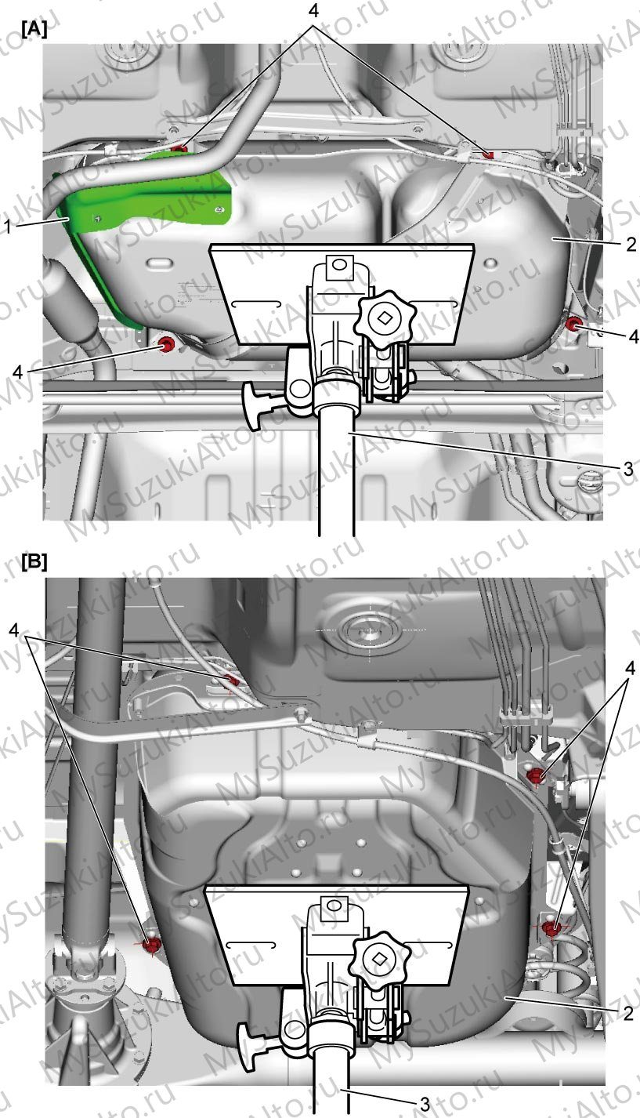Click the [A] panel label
click(x=34, y=30)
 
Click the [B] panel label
click(x=34, y=562)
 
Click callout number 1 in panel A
click(x=6, y=227)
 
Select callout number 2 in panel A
click(x=631, y=244)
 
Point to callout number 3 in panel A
click(x=628, y=469)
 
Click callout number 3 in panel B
click(x=425, y=1104)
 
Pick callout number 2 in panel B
click(x=628, y=1013)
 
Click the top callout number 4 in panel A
click(x=313, y=10)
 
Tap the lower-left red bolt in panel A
click(x=165, y=343)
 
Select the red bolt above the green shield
click(x=181, y=148)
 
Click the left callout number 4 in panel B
click(x=14, y=631)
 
